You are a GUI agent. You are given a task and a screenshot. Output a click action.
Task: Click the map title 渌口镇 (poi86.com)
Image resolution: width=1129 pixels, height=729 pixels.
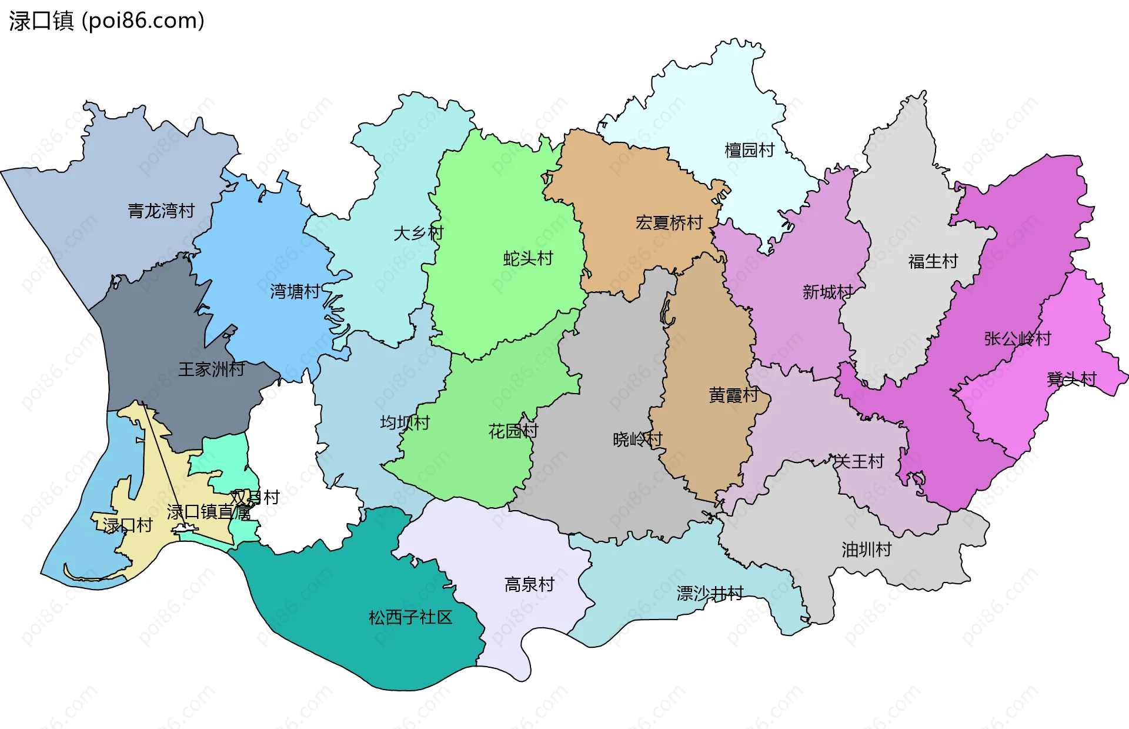[x=106, y=21]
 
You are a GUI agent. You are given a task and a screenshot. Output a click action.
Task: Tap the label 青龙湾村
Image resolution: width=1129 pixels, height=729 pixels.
[x=161, y=211]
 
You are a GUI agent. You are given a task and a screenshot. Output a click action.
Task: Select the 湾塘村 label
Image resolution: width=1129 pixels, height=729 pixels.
[x=295, y=291]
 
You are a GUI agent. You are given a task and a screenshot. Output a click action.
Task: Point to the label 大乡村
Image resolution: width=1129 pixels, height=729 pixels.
[x=418, y=233]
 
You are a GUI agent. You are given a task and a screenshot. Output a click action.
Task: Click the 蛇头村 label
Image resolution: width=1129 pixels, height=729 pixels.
[x=528, y=258]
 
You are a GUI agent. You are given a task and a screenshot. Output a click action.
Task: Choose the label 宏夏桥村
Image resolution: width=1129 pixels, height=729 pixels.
[x=669, y=223]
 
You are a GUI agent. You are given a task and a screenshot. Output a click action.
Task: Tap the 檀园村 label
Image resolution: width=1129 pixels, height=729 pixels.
[x=749, y=151]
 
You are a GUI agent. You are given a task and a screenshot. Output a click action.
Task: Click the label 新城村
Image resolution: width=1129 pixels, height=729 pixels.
[x=827, y=292]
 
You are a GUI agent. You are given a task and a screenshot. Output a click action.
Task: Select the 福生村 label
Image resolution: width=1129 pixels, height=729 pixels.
[x=933, y=261]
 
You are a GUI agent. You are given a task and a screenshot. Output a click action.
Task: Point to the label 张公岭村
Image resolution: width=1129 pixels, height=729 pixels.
[x=1017, y=339]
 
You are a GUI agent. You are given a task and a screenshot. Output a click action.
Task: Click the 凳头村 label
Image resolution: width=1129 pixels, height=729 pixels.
[x=1071, y=379]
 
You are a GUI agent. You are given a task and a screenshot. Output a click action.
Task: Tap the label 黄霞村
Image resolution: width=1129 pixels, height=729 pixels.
[x=733, y=395]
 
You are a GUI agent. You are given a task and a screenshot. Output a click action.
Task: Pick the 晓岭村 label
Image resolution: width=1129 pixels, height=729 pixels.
[x=637, y=439]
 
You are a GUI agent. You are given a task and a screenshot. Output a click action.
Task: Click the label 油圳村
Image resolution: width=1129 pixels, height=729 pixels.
[x=866, y=550]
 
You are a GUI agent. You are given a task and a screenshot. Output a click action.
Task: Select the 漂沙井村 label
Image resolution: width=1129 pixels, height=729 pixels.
[x=710, y=593]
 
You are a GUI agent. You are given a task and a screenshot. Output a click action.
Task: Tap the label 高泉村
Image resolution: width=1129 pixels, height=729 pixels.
[x=529, y=584]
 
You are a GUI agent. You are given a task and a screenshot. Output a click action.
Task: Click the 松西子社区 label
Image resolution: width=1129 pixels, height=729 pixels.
[x=410, y=617]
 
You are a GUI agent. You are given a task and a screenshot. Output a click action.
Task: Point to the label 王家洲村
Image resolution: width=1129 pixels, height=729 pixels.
[x=212, y=370]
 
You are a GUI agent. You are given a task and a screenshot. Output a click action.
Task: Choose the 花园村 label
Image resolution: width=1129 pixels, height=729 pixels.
[x=513, y=431]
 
